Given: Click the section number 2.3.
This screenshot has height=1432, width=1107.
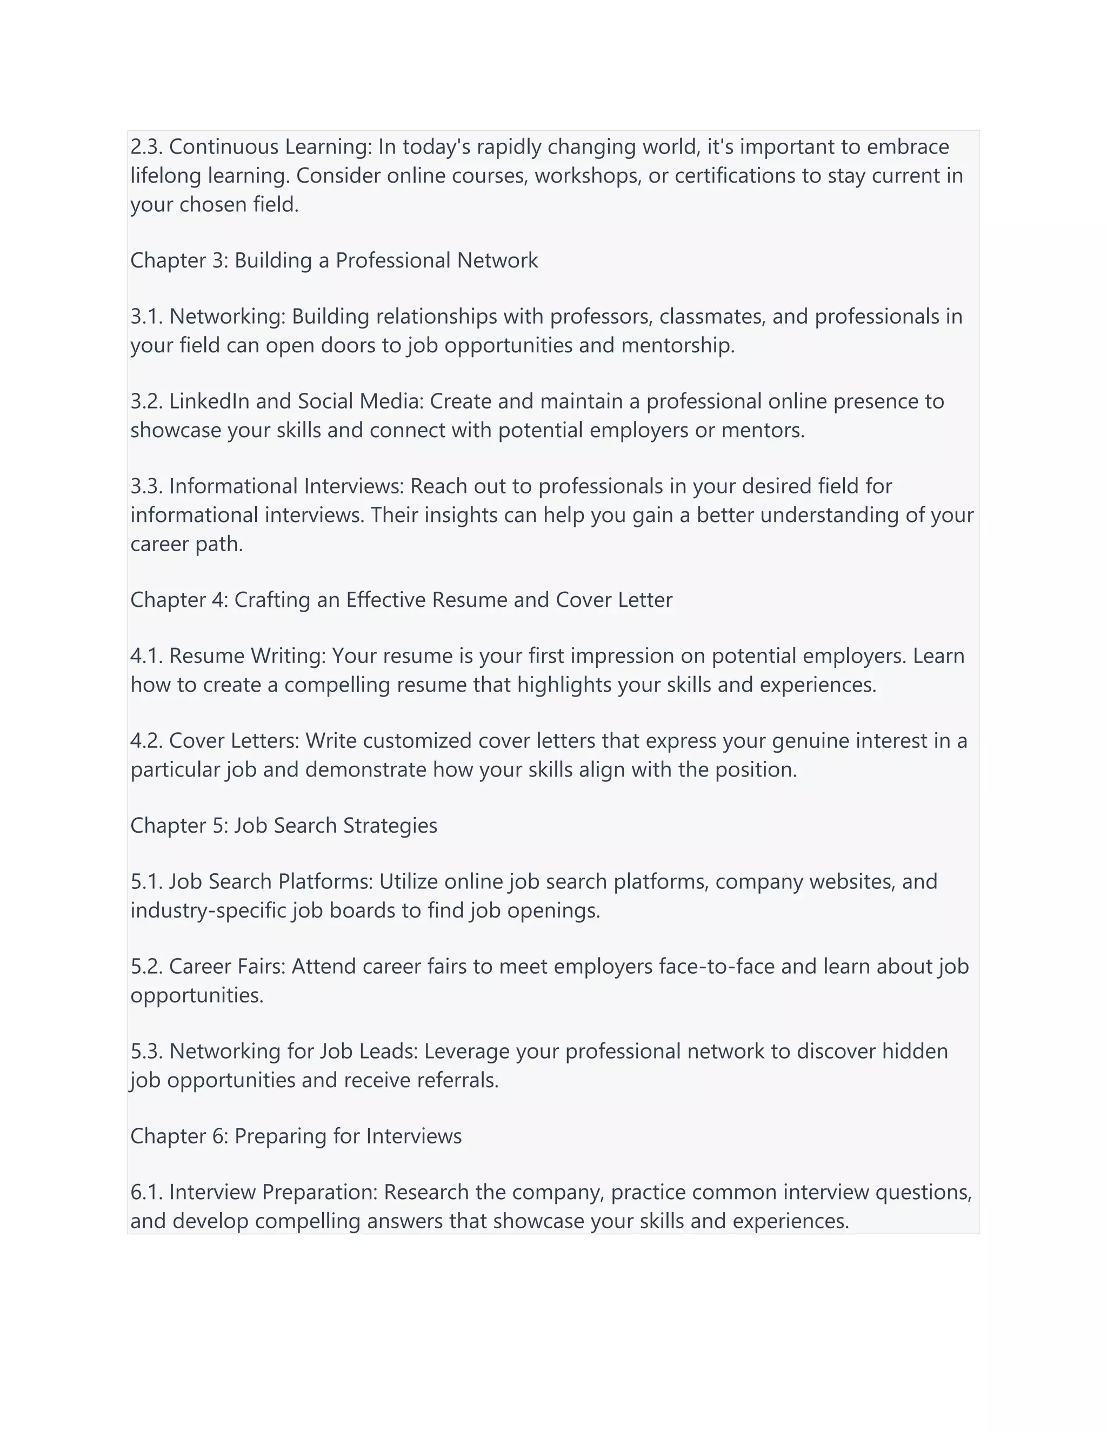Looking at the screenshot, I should click(147, 147).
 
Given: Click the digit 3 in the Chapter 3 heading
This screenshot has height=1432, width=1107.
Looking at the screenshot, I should click(218, 260).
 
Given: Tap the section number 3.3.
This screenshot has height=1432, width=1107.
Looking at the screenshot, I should click(147, 486).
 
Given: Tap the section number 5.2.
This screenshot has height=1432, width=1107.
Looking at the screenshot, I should click(147, 967).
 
